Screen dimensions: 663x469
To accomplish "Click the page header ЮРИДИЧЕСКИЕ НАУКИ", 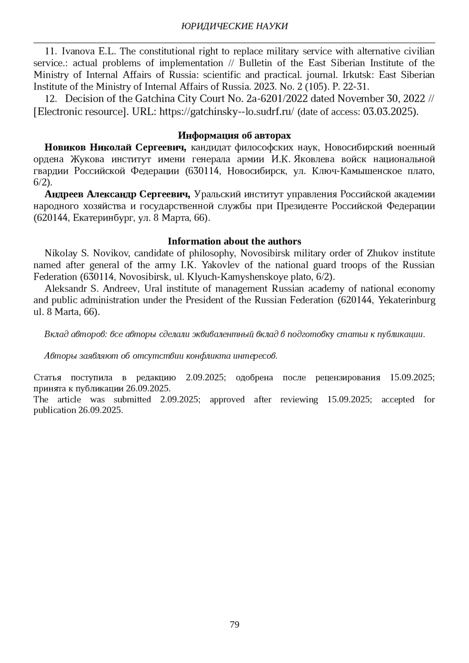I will [234, 26].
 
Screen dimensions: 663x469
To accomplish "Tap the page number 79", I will [234, 624].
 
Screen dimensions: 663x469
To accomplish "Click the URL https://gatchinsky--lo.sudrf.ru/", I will [227, 112].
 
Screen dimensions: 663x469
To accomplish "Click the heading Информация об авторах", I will [234, 136].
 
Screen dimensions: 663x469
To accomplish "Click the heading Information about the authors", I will [234, 241].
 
